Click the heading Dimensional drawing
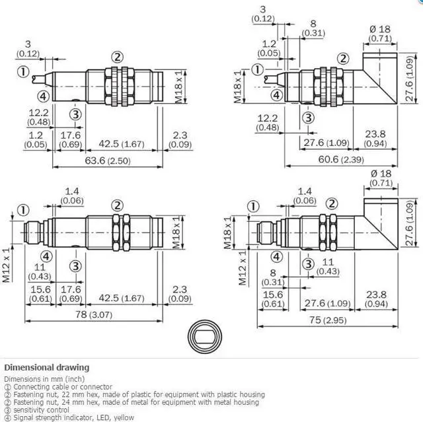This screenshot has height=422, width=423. pyautogui.click(x=46, y=367)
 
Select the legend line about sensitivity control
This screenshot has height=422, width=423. pyautogui.click(x=34, y=409)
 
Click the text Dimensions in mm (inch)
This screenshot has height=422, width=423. pyautogui.click(x=44, y=379)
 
